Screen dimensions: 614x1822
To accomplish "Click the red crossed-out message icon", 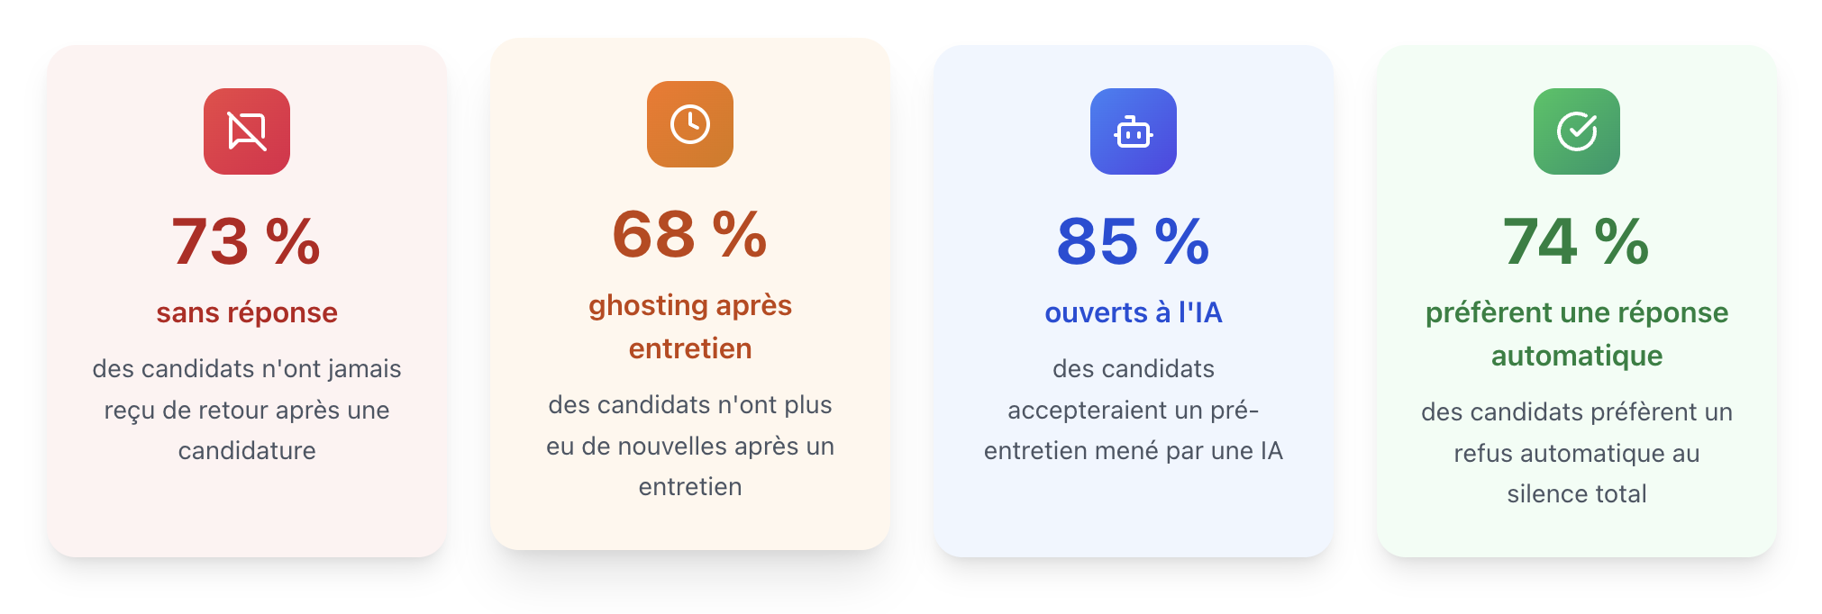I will coord(246,131).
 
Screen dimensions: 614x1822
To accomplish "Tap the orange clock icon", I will coord(689,124).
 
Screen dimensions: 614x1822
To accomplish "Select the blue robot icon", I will coord(1133,131).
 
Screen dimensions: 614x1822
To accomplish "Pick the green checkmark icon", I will coord(1576,131).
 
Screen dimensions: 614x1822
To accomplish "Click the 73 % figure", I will coord(246,241).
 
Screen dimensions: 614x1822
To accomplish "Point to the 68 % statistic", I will coord(689,234).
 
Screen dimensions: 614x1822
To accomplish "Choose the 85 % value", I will coord(1133,241).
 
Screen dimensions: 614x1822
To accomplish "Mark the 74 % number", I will coord(1576,241).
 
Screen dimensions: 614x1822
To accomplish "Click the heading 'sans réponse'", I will coord(246,312).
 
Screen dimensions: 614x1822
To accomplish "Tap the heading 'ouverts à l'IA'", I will coord(1133,312).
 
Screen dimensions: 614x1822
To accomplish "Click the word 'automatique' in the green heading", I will coord(1576,356).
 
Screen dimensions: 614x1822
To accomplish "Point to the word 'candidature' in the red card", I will coord(246,450).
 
